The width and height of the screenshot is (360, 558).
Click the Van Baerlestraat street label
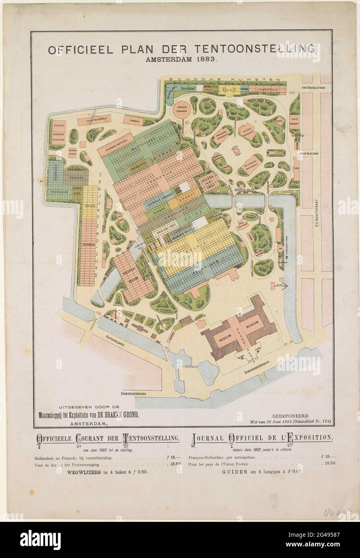(315, 89)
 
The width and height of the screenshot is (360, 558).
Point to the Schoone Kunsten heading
(224, 80)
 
